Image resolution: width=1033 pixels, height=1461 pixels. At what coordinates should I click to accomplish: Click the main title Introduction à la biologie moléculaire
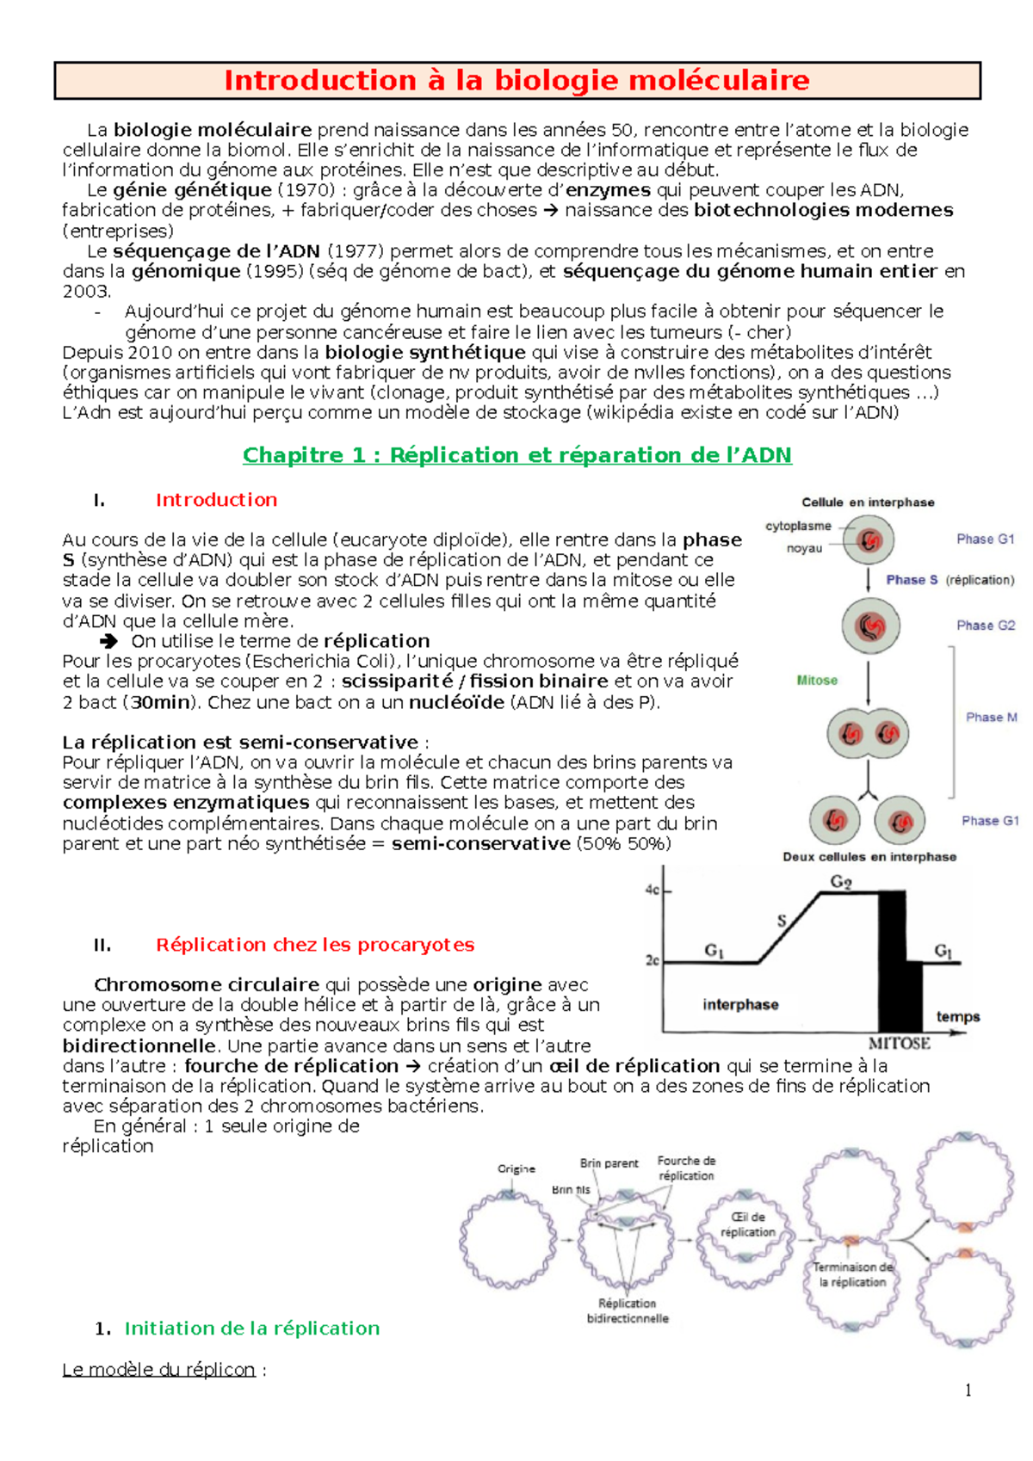[516, 81]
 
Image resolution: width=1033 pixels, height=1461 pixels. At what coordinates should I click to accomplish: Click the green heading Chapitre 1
[516, 455]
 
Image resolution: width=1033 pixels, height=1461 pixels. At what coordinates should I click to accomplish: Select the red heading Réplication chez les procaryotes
[314, 945]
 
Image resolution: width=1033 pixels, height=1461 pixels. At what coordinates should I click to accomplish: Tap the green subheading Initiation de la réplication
[251, 1328]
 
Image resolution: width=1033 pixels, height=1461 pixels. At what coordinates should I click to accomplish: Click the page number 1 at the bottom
[968, 1390]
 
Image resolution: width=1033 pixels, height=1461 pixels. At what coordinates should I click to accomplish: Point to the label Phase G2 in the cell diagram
[986, 626]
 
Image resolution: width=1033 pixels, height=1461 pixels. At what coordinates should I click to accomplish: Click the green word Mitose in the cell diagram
[817, 681]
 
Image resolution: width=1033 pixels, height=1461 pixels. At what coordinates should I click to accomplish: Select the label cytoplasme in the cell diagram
[798, 526]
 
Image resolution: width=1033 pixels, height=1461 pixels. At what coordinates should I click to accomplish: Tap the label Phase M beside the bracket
[991, 718]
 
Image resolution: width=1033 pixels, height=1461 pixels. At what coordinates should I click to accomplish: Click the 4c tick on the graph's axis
[653, 891]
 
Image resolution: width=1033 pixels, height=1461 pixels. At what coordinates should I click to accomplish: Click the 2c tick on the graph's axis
[653, 960]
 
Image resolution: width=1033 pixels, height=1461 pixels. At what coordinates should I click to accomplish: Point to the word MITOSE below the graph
[899, 1044]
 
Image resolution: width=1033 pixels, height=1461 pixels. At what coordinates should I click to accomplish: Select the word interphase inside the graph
[740, 1005]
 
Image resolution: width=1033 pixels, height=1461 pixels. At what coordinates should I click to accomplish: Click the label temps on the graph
[958, 1017]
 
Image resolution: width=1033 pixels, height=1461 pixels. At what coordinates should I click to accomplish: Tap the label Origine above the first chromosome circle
[516, 1169]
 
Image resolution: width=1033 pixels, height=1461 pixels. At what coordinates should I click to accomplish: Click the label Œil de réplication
[747, 1224]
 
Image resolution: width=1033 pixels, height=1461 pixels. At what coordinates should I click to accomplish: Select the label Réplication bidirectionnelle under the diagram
[628, 1311]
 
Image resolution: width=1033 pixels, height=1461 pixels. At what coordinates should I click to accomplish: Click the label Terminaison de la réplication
[853, 1274]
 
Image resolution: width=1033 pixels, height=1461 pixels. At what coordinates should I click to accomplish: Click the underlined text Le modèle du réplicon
[158, 1370]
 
